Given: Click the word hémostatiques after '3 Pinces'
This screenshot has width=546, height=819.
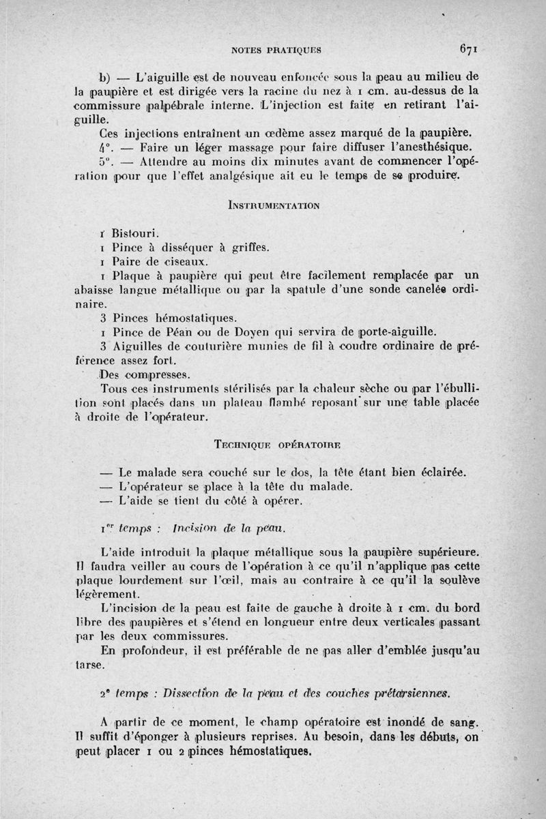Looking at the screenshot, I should pyautogui.click(x=197, y=318).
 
